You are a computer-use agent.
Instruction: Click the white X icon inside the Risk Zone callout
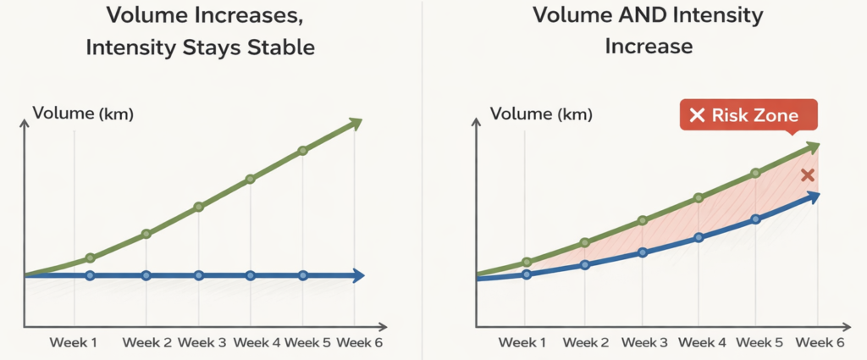pyautogui.click(x=697, y=115)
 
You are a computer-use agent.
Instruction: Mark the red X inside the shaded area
pyautogui.click(x=808, y=175)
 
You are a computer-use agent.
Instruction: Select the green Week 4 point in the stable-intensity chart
pyautogui.click(x=251, y=179)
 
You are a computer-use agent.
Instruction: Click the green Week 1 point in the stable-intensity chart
pyautogui.click(x=91, y=258)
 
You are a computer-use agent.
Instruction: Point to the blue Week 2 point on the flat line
pyautogui.click(x=146, y=275)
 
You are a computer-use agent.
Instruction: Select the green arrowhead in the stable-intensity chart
pyautogui.click(x=355, y=124)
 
